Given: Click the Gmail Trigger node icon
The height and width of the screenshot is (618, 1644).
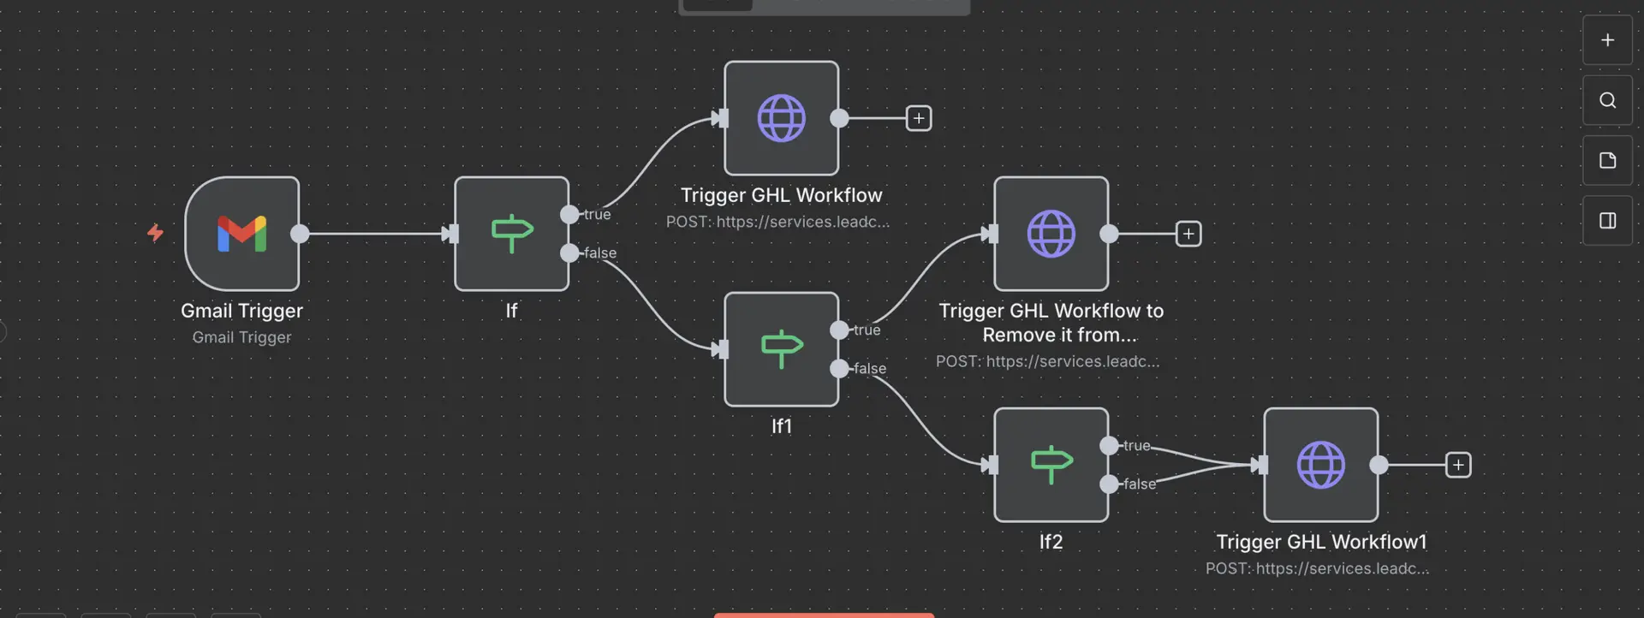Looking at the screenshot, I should [x=242, y=234].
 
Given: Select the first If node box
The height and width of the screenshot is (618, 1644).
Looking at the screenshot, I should [x=511, y=234].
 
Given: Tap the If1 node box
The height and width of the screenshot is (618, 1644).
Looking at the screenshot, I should [x=781, y=349].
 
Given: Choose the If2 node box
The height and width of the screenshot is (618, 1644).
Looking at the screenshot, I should [x=1051, y=465].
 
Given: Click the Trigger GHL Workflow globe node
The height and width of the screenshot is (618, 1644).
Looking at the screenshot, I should [x=781, y=118].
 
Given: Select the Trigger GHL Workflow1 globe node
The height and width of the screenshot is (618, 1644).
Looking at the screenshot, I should [x=1320, y=465].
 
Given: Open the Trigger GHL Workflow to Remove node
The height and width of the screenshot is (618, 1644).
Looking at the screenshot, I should [x=1051, y=234].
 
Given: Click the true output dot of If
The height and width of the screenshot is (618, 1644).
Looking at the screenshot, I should [x=569, y=214].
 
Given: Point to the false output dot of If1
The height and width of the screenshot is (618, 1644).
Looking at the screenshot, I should [x=839, y=368].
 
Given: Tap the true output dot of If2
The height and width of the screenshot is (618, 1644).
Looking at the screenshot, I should [x=1109, y=445].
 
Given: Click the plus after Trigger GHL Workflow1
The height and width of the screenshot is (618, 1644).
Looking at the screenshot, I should [x=1457, y=465].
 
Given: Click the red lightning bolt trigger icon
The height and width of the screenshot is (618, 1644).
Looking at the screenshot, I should [x=155, y=233].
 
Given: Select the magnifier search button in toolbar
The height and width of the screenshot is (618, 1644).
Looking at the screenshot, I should [x=1607, y=100].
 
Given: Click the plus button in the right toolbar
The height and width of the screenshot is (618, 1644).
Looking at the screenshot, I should [x=1607, y=40].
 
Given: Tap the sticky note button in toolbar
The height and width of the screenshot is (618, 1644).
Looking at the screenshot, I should [x=1607, y=160].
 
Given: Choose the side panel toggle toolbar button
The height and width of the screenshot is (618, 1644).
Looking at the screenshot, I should [x=1607, y=221].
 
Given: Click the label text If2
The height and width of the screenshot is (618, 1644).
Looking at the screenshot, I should [x=1051, y=542].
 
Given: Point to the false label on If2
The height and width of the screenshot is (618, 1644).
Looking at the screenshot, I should [x=1139, y=484].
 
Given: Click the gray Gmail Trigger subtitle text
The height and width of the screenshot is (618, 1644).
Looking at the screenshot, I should [x=241, y=337].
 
